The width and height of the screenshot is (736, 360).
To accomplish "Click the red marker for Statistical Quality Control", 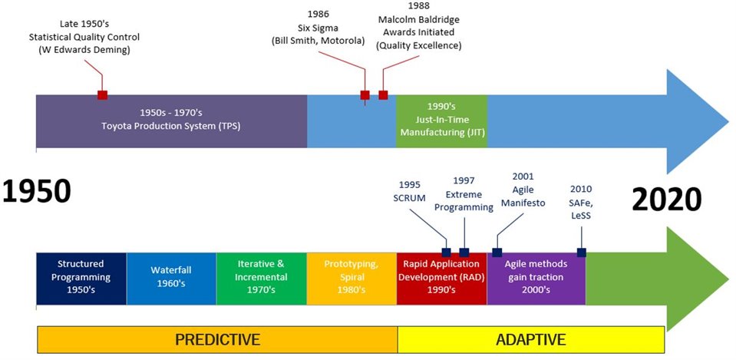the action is pyautogui.click(x=102, y=95).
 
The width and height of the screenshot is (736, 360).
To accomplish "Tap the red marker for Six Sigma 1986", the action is pyautogui.click(x=365, y=95).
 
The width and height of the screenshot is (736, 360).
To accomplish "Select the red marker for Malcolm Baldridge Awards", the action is pyautogui.click(x=383, y=95).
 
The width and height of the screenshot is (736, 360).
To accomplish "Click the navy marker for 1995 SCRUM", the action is pyautogui.click(x=446, y=253).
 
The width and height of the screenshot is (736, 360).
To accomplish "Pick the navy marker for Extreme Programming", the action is pyautogui.click(x=464, y=253).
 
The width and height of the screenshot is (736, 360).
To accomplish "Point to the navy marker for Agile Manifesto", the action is pyautogui.click(x=497, y=253).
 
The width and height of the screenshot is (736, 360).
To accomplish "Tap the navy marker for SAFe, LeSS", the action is pyautogui.click(x=582, y=253).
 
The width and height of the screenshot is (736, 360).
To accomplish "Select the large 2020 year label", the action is pyautogui.click(x=666, y=199).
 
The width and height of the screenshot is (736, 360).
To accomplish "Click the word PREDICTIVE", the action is pyautogui.click(x=217, y=339).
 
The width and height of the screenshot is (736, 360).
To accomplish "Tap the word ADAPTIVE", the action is pyautogui.click(x=531, y=339).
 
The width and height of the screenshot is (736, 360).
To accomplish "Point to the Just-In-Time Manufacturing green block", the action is pyautogui.click(x=442, y=121).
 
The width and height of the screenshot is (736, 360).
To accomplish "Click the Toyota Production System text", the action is pyautogui.click(x=171, y=126).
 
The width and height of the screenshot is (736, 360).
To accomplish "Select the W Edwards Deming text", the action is pyautogui.click(x=84, y=50).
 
